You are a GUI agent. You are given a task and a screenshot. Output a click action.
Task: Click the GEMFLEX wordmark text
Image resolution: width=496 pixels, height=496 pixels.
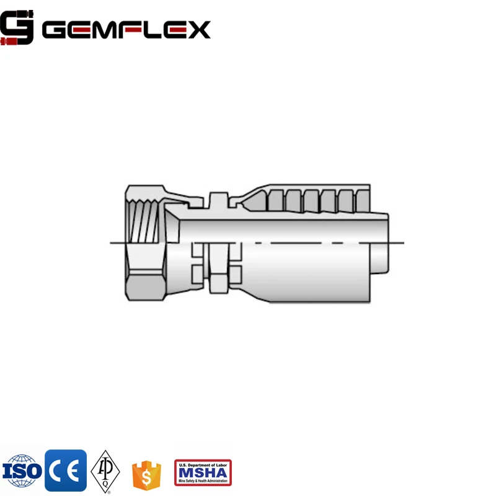[126, 29]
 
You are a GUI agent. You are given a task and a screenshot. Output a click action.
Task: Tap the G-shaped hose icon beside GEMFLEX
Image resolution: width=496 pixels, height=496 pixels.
[17, 29]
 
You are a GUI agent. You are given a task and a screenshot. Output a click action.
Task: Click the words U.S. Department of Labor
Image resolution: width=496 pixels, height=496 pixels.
[203, 463]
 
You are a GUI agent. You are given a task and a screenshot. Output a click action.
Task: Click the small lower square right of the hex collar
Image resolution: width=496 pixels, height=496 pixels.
[236, 273]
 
